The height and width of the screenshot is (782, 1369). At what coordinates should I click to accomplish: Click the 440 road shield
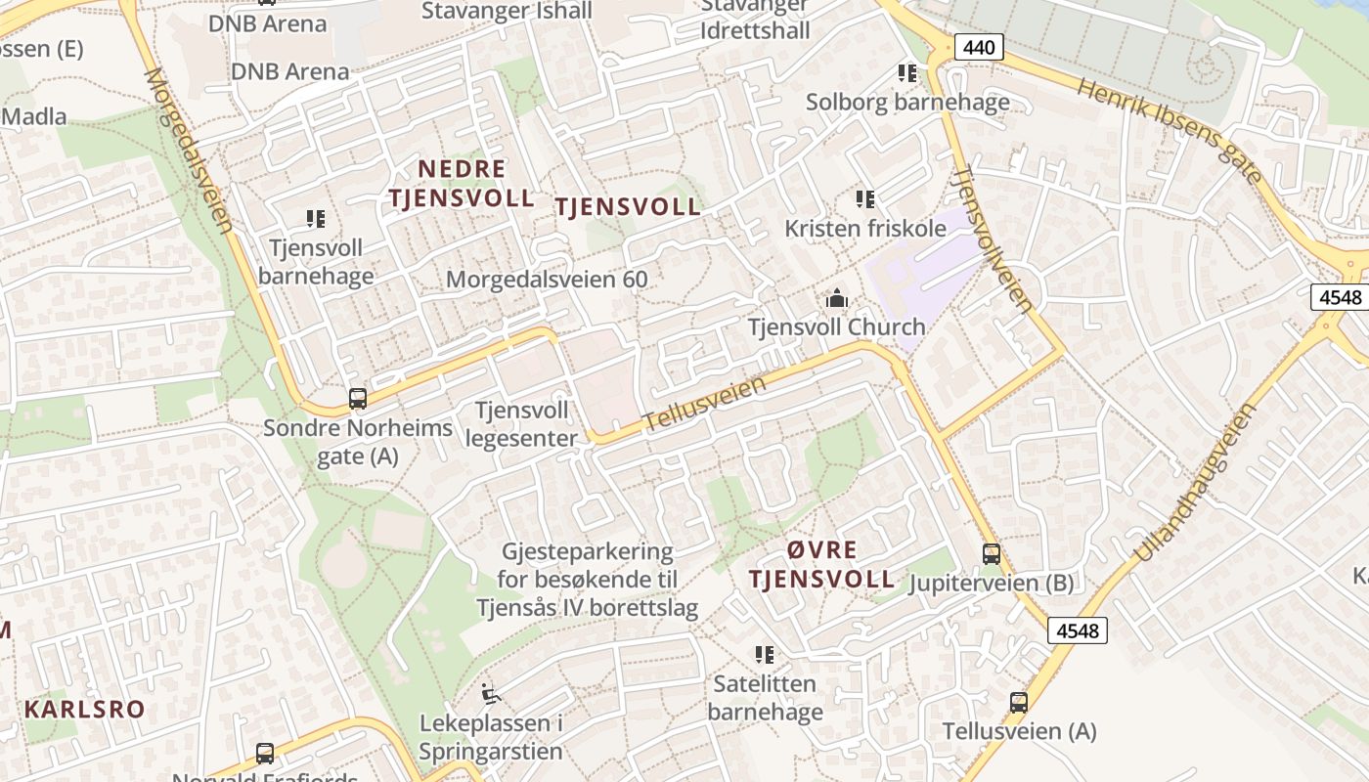tap(980, 46)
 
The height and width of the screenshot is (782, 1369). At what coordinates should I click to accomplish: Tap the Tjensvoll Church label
tap(836, 327)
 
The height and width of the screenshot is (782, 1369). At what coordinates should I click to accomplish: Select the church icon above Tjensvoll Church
tap(836, 298)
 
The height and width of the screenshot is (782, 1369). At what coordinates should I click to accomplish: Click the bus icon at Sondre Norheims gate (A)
tap(358, 398)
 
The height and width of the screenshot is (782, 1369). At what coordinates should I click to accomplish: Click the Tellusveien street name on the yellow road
tap(704, 405)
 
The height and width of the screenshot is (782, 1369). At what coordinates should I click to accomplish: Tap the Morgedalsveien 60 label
tap(547, 280)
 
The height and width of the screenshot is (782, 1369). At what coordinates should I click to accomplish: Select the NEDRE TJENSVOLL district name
tap(462, 184)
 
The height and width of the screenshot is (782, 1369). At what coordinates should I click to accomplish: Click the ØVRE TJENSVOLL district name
tap(821, 564)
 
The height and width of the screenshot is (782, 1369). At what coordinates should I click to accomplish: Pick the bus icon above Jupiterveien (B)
tap(992, 554)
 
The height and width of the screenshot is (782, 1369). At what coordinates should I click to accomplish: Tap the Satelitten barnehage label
tap(765, 697)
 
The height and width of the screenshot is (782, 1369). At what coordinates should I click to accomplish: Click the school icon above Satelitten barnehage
tap(765, 654)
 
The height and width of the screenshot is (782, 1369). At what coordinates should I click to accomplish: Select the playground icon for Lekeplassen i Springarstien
tap(491, 695)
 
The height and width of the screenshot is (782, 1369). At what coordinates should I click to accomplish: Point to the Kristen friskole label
tap(865, 229)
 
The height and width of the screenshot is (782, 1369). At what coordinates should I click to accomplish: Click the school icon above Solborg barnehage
tap(907, 73)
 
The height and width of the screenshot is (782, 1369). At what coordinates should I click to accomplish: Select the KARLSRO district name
tap(85, 710)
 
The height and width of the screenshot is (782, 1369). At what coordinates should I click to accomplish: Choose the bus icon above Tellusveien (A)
tap(1019, 702)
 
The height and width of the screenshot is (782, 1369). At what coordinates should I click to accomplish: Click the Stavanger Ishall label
tap(507, 12)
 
